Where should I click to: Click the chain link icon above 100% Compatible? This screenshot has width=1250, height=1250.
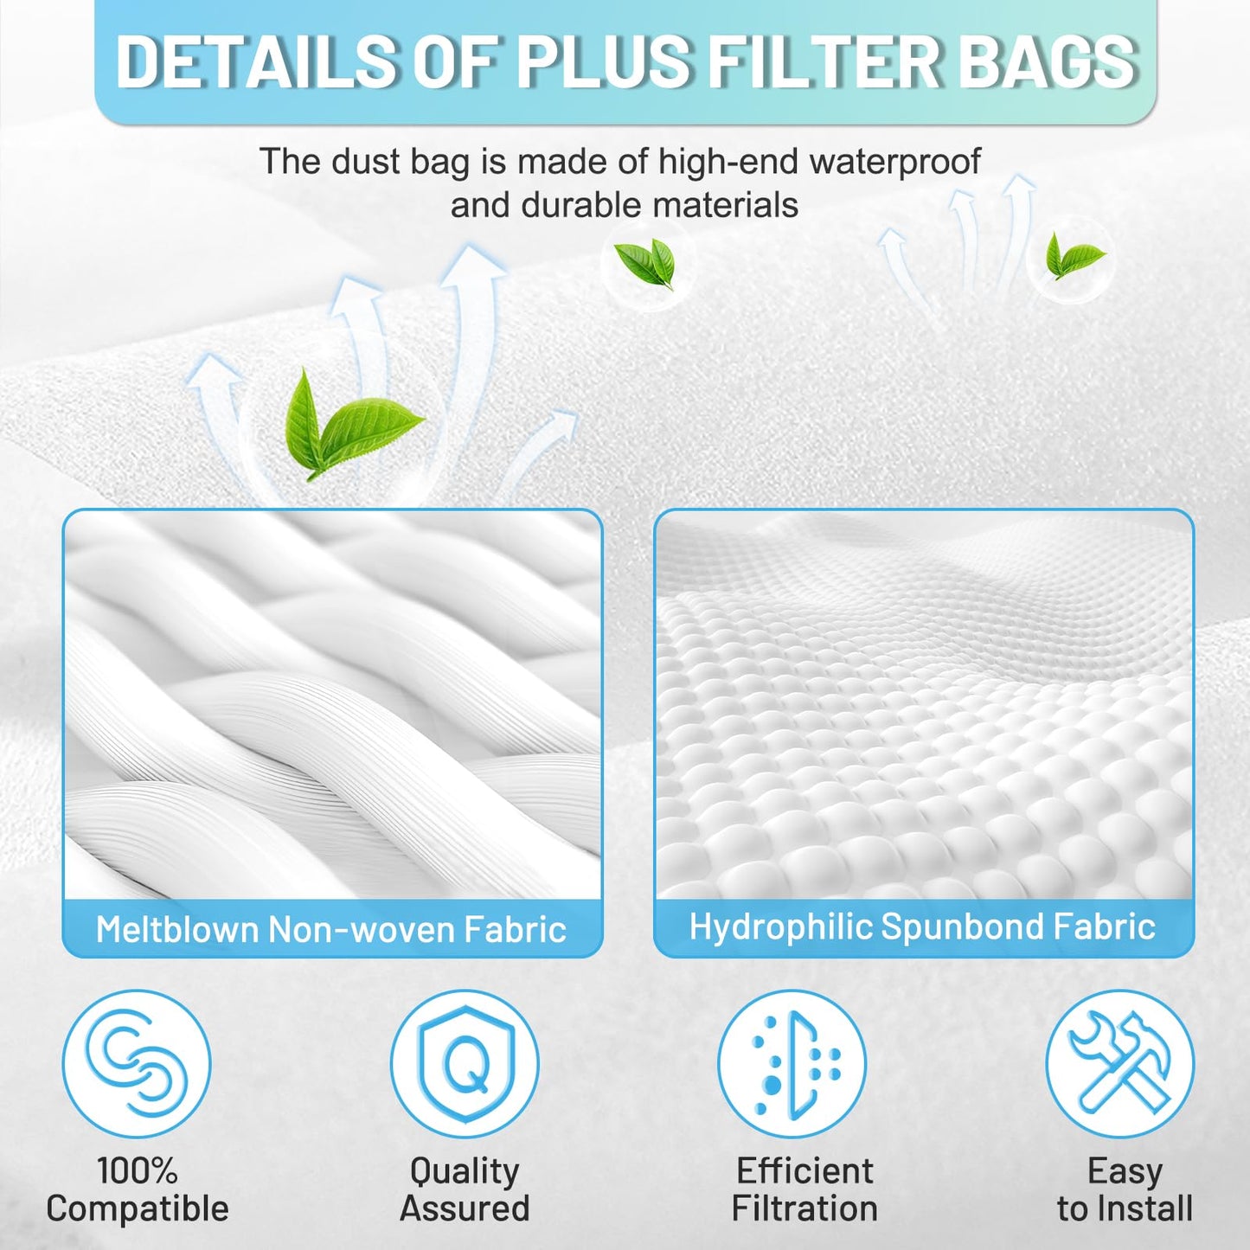(137, 1062)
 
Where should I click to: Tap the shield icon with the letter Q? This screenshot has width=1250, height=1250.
(465, 1062)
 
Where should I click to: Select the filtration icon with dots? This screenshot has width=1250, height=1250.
(792, 1062)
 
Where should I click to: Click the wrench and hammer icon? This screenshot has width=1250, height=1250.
(1120, 1062)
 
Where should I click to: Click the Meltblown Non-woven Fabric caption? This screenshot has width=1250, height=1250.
(331, 930)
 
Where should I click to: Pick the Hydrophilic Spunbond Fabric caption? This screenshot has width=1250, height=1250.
(922, 926)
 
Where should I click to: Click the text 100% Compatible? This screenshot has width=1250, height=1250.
(138, 1189)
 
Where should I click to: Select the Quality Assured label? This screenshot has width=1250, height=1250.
(465, 1189)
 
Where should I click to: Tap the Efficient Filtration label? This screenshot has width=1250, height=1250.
(804, 1189)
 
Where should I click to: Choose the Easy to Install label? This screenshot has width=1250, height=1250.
(1125, 1189)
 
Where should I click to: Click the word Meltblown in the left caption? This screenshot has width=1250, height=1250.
(176, 930)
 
